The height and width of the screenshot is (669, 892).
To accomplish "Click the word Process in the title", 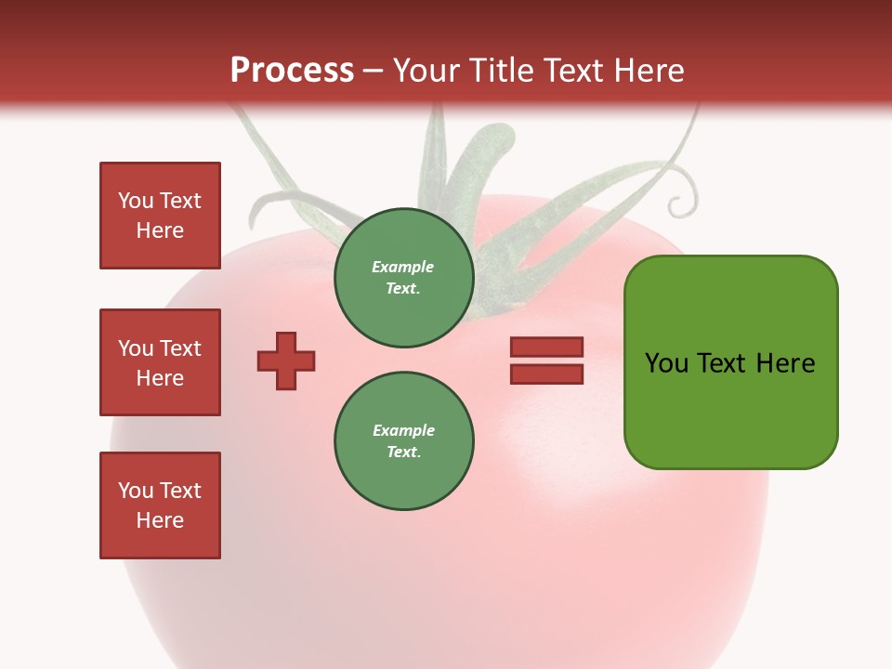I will [292, 71].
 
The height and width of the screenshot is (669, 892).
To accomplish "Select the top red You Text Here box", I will [160, 216].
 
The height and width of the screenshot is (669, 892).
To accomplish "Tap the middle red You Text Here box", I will [160, 362].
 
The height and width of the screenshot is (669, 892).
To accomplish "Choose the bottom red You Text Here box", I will [160, 505].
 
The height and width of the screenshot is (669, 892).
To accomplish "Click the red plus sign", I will [286, 361].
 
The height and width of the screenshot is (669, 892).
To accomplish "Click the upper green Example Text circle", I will [403, 278].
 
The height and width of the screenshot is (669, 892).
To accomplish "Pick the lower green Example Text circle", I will [403, 441].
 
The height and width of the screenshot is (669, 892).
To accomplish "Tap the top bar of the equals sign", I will [546, 348].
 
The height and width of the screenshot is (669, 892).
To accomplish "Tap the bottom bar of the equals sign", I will [546, 374].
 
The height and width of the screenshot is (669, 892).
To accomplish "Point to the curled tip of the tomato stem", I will [686, 197].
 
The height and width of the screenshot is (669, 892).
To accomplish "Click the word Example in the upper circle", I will [403, 268].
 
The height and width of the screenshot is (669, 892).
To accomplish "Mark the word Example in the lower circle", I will [403, 430].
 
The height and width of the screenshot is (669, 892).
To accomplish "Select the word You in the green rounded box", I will [666, 362].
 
